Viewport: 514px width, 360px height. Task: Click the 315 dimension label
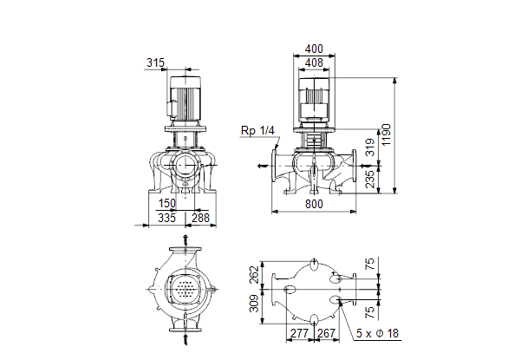pyautogui.click(x=155, y=62)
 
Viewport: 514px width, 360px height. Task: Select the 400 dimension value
pyautogui.click(x=314, y=49)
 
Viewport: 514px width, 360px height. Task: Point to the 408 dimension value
pyautogui.click(x=314, y=62)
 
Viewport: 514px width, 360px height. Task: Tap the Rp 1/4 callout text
pyautogui.click(x=257, y=130)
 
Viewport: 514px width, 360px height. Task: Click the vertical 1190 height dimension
pyautogui.click(x=387, y=134)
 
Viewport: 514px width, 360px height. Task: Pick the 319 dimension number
pyautogui.click(x=370, y=147)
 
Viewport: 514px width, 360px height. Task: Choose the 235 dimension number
pyautogui.click(x=370, y=179)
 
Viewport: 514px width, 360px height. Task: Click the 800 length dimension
pyautogui.click(x=314, y=204)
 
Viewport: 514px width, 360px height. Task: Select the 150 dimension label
pyautogui.click(x=167, y=204)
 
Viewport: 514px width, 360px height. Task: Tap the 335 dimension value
pyautogui.click(x=166, y=218)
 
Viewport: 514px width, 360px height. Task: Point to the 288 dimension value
pyautogui.click(x=200, y=218)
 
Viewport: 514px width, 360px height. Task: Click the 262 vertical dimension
pyautogui.click(x=254, y=275)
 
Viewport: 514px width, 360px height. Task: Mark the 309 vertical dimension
pyautogui.click(x=254, y=304)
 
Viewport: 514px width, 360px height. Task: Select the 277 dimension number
pyautogui.click(x=300, y=333)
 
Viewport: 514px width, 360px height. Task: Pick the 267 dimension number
pyautogui.click(x=327, y=333)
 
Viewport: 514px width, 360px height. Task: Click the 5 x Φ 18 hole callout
pyautogui.click(x=377, y=333)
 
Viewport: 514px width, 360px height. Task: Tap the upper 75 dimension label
pyautogui.click(x=369, y=264)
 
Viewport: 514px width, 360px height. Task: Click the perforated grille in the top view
pyautogui.click(x=185, y=290)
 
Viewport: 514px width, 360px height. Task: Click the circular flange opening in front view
pyautogui.click(x=185, y=164)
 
